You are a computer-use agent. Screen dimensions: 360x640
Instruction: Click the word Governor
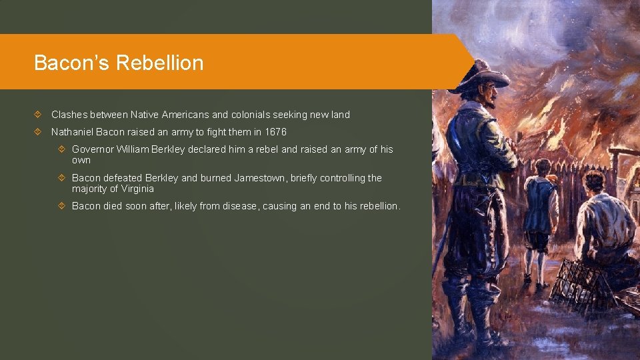tap(93, 149)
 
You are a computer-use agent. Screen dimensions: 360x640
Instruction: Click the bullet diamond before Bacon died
tap(62, 206)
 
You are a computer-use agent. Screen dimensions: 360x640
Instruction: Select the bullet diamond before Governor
tap(62, 149)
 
